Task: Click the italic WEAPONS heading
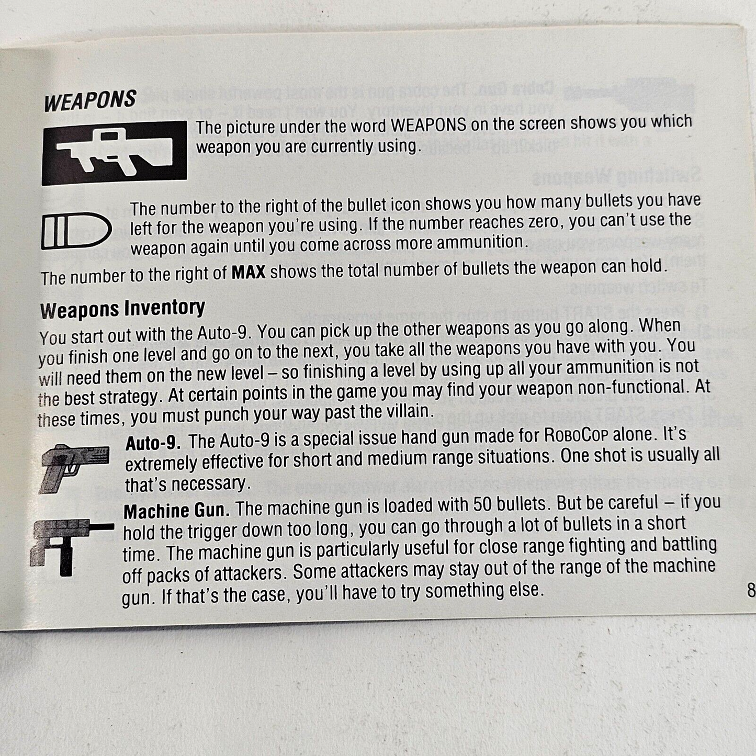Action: (90, 100)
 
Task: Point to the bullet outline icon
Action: (76, 230)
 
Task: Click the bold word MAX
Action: (249, 273)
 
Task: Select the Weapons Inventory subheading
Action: (122, 309)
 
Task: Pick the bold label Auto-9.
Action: (153, 443)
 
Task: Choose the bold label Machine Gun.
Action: (174, 511)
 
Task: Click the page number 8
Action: (751, 591)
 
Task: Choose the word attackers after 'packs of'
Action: (245, 574)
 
